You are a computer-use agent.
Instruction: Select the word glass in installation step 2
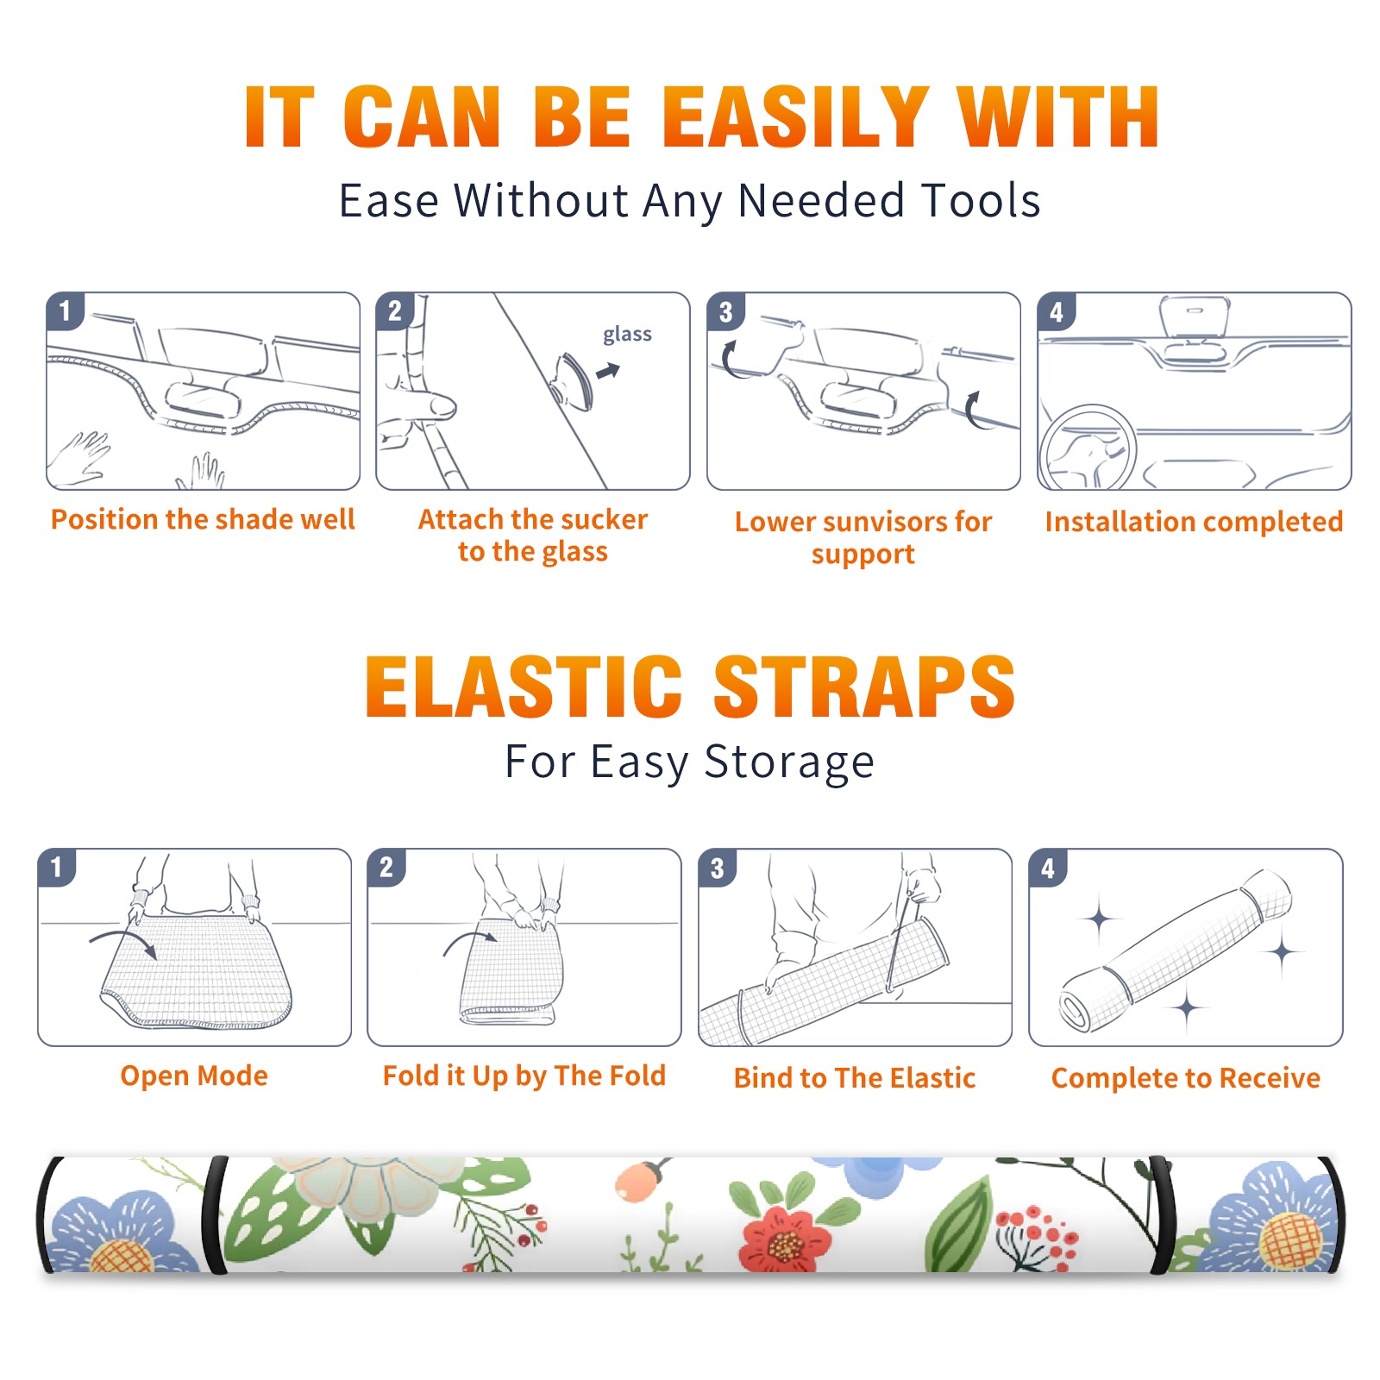pos(627,335)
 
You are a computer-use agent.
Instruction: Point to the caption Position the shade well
pos(203,519)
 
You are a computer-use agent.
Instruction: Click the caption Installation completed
pos(1194,521)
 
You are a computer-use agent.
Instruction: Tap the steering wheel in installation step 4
pos(1087,448)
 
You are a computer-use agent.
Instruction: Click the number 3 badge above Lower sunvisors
pos(725,312)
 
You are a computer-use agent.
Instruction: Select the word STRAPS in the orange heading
pos(864,687)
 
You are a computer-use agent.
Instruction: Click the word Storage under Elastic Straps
pos(789,762)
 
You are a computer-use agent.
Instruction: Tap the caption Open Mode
pos(194,1076)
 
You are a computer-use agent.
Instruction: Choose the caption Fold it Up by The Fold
pos(524,1076)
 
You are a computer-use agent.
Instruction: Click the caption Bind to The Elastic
pos(855,1078)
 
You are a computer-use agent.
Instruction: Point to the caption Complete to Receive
pos(1186,1078)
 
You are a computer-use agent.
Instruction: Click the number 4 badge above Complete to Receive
pos(1048,869)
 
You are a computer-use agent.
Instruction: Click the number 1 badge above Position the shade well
pos(65,310)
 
